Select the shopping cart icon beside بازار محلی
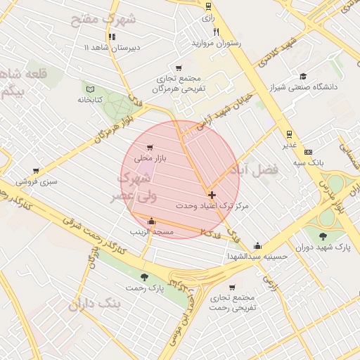point(149,147)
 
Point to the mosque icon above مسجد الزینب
point(151,221)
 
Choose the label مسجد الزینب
point(151,231)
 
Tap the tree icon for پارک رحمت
point(145,277)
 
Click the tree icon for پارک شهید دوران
point(323,236)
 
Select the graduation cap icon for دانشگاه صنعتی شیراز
point(303,77)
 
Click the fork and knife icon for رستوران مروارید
point(216,32)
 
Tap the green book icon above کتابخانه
point(89,88)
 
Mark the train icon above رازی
point(208,6)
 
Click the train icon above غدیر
point(289,134)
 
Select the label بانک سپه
point(308,162)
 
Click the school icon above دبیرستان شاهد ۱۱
point(111,37)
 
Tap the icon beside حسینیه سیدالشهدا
point(258,246)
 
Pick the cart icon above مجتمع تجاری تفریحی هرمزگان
point(179,67)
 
